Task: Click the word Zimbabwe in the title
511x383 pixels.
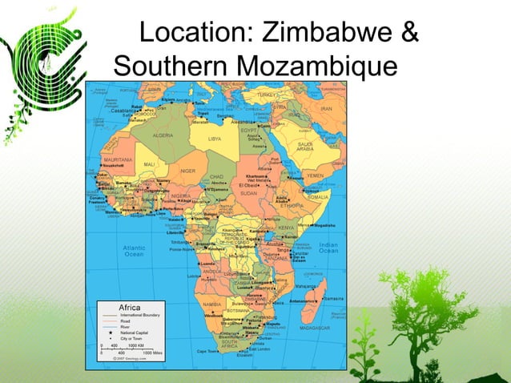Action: pos(324,35)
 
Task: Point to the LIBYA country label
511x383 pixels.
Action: pos(214,139)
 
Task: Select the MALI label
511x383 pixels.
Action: pos(150,164)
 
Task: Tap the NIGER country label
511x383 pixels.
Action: pos(187,171)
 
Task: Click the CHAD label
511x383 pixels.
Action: pos(217,175)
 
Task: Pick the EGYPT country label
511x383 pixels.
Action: pos(248,129)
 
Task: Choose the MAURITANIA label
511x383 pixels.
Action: pos(118,159)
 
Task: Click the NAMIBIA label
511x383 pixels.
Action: pos(212,305)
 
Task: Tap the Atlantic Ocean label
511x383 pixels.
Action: pos(134,252)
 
